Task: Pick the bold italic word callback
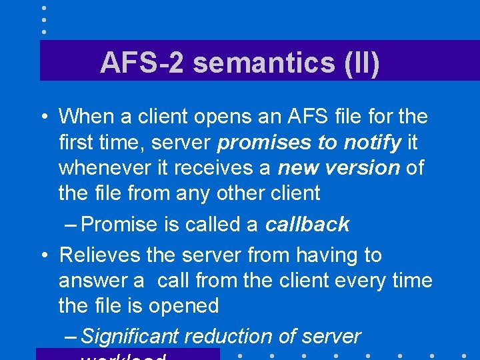[x=307, y=225]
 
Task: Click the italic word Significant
[x=131, y=337]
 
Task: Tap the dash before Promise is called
[x=71, y=225]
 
